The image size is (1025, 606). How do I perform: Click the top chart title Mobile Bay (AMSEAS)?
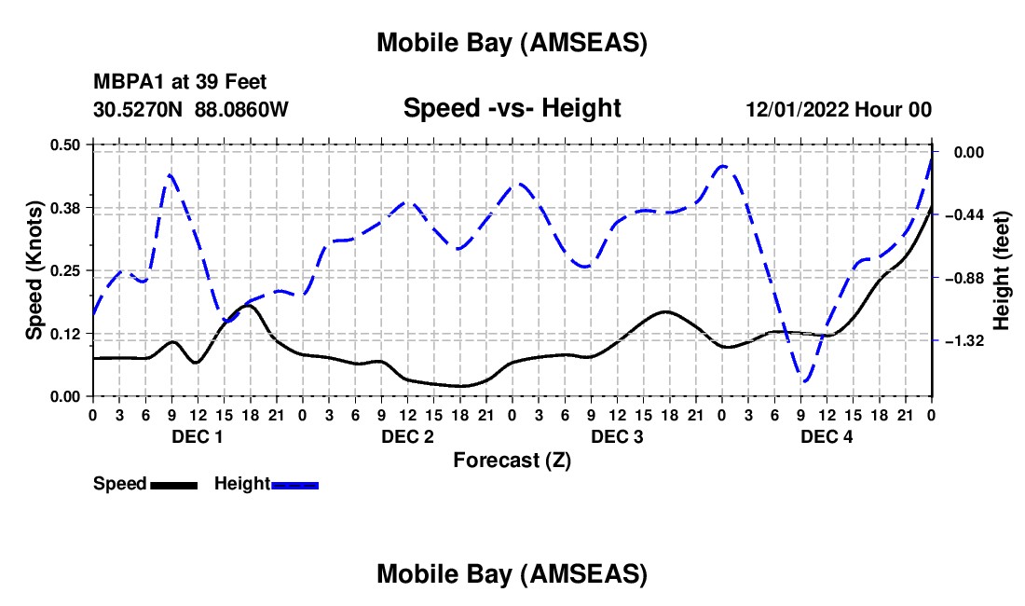click(512, 42)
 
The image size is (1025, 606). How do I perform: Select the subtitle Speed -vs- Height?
click(512, 108)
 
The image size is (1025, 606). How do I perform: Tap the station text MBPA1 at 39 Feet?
click(180, 83)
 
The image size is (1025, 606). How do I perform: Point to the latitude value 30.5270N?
click(139, 109)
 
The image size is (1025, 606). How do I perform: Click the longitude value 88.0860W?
click(241, 109)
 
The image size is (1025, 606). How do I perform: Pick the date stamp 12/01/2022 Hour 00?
click(839, 109)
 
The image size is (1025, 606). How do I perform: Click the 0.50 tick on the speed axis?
click(65, 145)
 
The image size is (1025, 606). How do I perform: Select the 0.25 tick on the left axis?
click(65, 270)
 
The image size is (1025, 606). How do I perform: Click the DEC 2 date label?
click(406, 436)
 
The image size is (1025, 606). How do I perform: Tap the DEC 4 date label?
click(827, 436)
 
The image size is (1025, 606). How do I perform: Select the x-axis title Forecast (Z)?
click(512, 460)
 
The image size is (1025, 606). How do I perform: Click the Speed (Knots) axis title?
click(34, 269)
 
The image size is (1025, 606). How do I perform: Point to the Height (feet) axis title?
click(1003, 269)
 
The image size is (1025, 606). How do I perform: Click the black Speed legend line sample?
click(173, 484)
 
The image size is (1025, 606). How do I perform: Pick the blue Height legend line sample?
click(295, 484)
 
